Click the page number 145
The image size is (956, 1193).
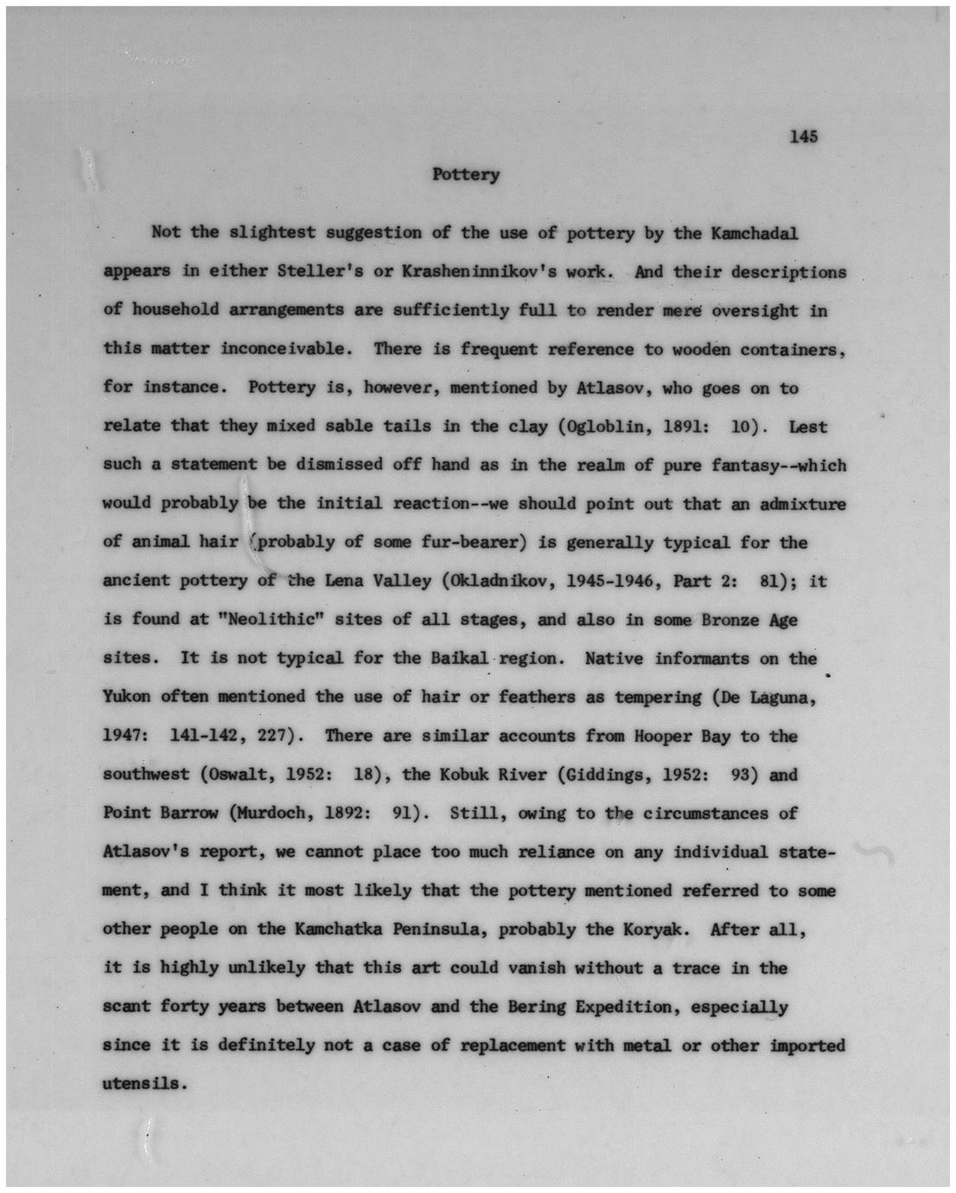(x=803, y=137)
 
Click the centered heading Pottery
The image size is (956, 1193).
(x=466, y=175)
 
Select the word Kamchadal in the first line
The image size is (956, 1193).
(x=754, y=233)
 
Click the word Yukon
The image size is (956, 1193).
(x=126, y=697)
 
